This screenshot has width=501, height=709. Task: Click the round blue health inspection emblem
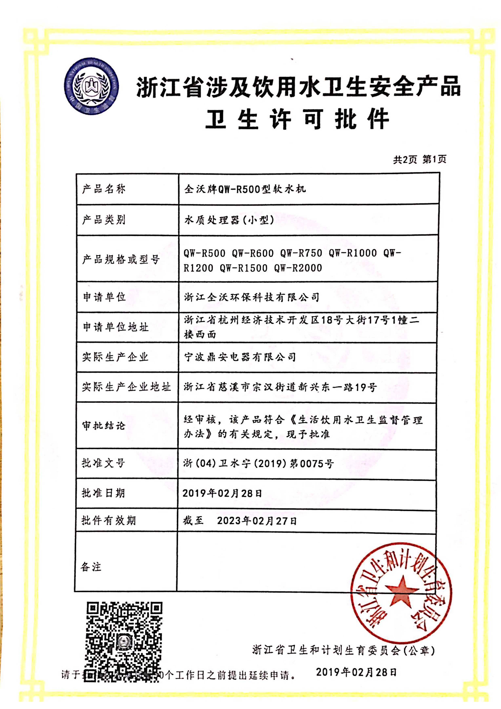[91, 86]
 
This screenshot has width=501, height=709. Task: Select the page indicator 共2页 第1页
[419, 159]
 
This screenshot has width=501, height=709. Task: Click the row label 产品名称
[104, 189]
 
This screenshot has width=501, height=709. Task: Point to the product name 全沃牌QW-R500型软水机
[245, 189]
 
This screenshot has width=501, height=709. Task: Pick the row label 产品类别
[104, 219]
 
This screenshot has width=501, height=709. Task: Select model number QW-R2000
[298, 268]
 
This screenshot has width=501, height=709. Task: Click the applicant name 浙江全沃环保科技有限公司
[252, 297]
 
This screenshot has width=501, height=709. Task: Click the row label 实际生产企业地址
[126, 387]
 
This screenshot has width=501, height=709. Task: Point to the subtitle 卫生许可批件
[297, 119]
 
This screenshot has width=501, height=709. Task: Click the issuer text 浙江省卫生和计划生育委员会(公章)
[343, 651]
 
